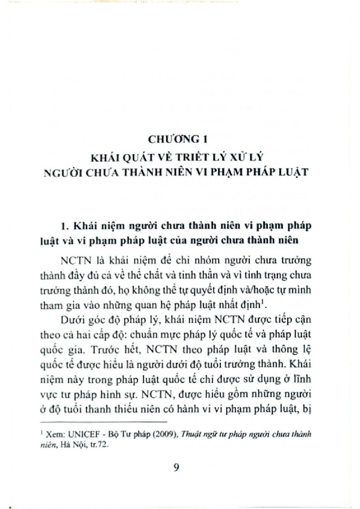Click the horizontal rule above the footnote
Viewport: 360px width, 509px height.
103,421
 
